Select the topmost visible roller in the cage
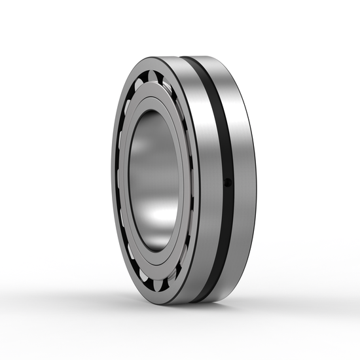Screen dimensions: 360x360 point(153,74)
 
